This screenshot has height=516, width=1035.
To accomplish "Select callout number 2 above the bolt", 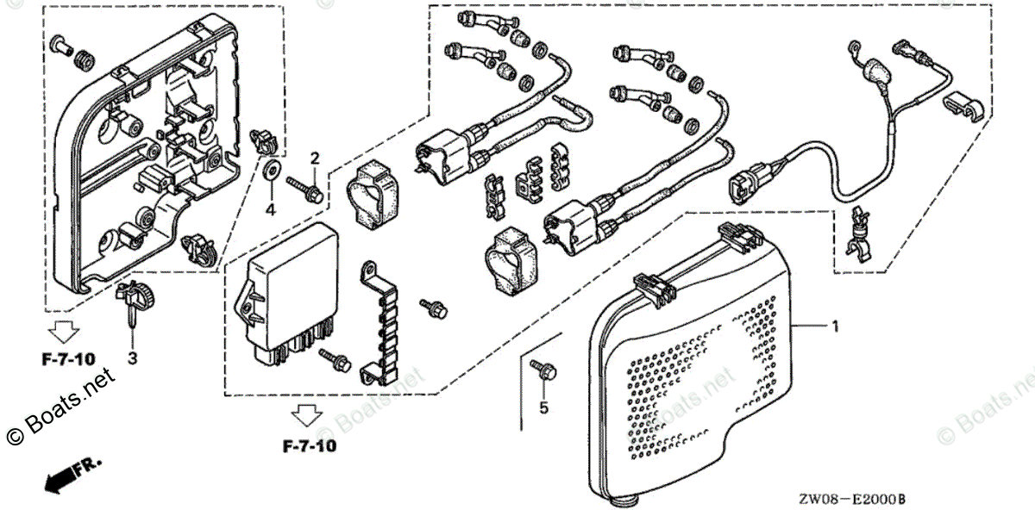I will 315,158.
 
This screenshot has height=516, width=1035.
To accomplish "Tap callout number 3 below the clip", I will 133,357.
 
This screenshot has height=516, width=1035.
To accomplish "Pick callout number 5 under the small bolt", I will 543,408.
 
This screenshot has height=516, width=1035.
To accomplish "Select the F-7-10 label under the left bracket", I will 67,357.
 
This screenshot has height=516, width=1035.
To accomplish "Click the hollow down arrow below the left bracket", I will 61,331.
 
